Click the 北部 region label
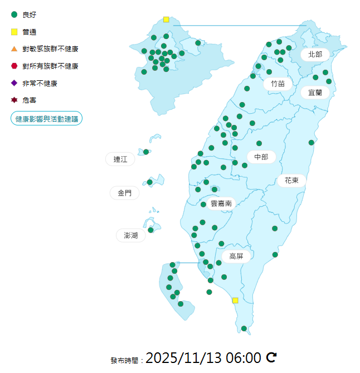(315, 55)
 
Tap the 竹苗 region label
(278, 84)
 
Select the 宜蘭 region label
(315, 93)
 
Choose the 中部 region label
(261, 157)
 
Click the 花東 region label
(291, 181)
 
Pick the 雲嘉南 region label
(221, 204)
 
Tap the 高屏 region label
(236, 256)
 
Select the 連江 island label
(120, 159)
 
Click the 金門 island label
(125, 193)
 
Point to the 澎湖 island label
(130, 235)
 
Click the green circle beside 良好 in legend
(14, 14)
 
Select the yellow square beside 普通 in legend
(14, 32)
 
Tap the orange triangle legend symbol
(14, 49)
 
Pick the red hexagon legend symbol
(14, 66)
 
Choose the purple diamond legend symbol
(14, 83)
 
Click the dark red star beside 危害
(14, 100)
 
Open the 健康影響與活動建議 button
(47, 119)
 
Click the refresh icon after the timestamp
(271, 357)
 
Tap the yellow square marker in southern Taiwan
(235, 301)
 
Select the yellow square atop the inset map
(166, 20)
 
